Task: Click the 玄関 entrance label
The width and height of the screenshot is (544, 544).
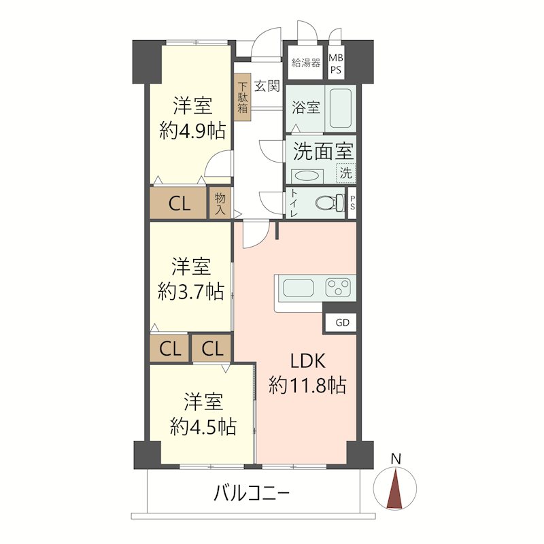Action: tap(267, 86)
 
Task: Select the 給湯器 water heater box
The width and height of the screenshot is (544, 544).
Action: tap(305, 63)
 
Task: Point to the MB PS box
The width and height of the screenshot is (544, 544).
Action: tap(337, 63)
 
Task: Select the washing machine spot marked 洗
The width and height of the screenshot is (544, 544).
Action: tap(346, 173)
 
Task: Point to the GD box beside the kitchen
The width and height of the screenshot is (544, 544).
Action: tap(342, 322)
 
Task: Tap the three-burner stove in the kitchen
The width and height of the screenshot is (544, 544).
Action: tap(339, 288)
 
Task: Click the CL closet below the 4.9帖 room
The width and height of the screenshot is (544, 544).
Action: tap(180, 203)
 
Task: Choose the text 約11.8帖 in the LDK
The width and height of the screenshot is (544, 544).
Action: tap(307, 386)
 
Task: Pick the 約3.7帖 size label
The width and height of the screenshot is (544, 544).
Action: tap(190, 292)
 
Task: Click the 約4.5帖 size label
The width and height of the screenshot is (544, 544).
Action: tap(203, 426)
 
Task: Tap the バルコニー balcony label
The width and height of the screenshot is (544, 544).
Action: tap(252, 492)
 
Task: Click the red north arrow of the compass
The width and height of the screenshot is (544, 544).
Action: tap(394, 490)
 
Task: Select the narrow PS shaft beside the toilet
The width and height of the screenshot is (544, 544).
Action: tap(352, 203)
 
